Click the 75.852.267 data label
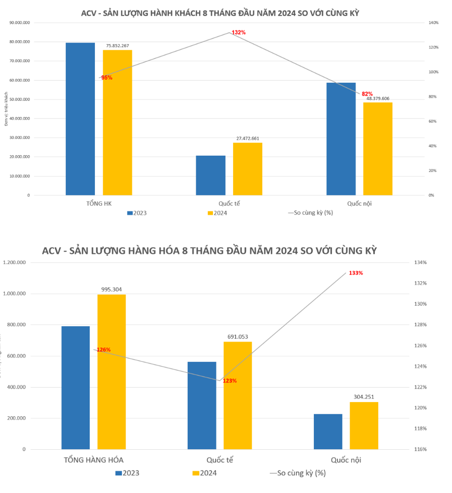tap(118, 46)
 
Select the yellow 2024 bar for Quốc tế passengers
tap(247, 169)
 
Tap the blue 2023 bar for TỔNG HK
tap(80, 119)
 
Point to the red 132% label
tap(239, 33)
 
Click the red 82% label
tap(367, 94)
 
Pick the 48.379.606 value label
tap(378, 98)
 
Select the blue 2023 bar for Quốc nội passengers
tap(341, 139)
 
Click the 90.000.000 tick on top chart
tap(20, 23)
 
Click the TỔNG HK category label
tap(99, 204)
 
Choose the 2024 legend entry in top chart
tap(217, 213)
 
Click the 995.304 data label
tap(111, 289)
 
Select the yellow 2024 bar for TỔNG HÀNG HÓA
tap(111, 372)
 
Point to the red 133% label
tap(355, 273)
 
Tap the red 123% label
tap(230, 381)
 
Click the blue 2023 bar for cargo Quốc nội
tap(328, 432)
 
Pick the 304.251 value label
tap(364, 397)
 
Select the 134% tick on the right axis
tap(420, 263)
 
